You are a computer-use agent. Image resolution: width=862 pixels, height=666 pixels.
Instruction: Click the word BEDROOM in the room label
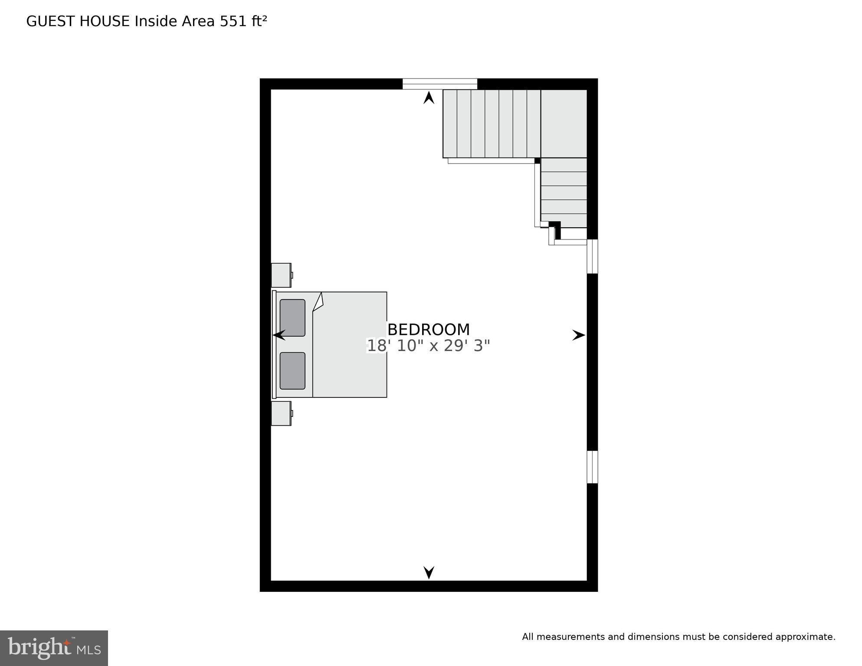click(x=429, y=330)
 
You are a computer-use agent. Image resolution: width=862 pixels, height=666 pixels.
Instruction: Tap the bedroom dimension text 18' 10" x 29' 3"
click(x=429, y=346)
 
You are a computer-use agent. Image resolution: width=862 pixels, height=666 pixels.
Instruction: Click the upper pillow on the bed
click(x=292, y=318)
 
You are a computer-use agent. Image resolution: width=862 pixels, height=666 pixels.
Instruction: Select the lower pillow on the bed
click(x=292, y=371)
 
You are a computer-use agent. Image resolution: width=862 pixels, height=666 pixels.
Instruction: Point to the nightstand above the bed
click(x=281, y=275)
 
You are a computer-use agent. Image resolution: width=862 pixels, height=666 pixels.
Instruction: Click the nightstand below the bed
click(x=281, y=413)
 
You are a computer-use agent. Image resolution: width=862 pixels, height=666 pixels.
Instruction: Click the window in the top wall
click(x=439, y=84)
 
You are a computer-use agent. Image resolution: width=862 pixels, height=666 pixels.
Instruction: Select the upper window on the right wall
click(x=592, y=256)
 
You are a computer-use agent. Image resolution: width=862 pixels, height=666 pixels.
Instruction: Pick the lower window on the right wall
click(x=592, y=467)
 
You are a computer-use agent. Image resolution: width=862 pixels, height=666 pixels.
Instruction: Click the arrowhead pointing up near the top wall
click(x=429, y=98)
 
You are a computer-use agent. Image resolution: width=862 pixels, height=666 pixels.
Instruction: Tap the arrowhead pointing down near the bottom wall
click(x=429, y=572)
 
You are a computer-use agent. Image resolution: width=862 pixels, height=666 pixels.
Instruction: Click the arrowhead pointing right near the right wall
click(x=578, y=335)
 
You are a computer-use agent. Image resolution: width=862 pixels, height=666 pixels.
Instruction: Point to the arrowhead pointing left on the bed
click(x=279, y=335)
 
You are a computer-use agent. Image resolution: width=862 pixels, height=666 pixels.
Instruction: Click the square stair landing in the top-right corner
click(x=564, y=124)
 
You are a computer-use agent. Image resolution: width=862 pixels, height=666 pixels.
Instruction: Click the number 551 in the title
click(x=234, y=21)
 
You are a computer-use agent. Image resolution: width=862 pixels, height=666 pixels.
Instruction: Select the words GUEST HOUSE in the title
click(x=78, y=21)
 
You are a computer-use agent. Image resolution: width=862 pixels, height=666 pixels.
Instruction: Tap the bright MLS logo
click(x=54, y=648)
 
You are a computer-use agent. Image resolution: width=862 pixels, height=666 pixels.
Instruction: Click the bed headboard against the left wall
click(x=274, y=344)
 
